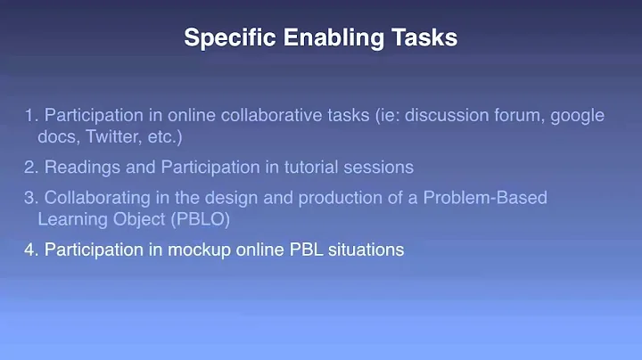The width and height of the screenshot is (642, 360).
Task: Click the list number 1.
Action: (x=29, y=116)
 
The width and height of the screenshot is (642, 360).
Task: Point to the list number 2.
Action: (x=29, y=167)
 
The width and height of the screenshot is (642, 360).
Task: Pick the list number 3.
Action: (x=29, y=197)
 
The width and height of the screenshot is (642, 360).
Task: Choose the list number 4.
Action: (x=29, y=250)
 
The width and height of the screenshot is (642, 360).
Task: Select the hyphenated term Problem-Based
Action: (x=490, y=197)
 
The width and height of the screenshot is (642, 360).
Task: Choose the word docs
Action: (x=53, y=137)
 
